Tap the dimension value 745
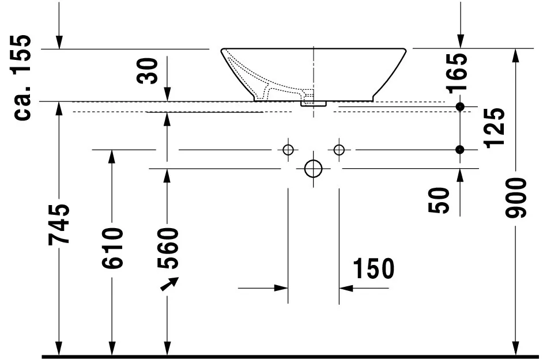click(61, 223)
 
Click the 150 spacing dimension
click(373, 268)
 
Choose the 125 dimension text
click(495, 128)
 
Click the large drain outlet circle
click(313, 168)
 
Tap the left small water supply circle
click(288, 150)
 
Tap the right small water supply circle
click(338, 150)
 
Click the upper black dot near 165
click(459, 107)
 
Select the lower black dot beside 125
click(459, 150)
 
